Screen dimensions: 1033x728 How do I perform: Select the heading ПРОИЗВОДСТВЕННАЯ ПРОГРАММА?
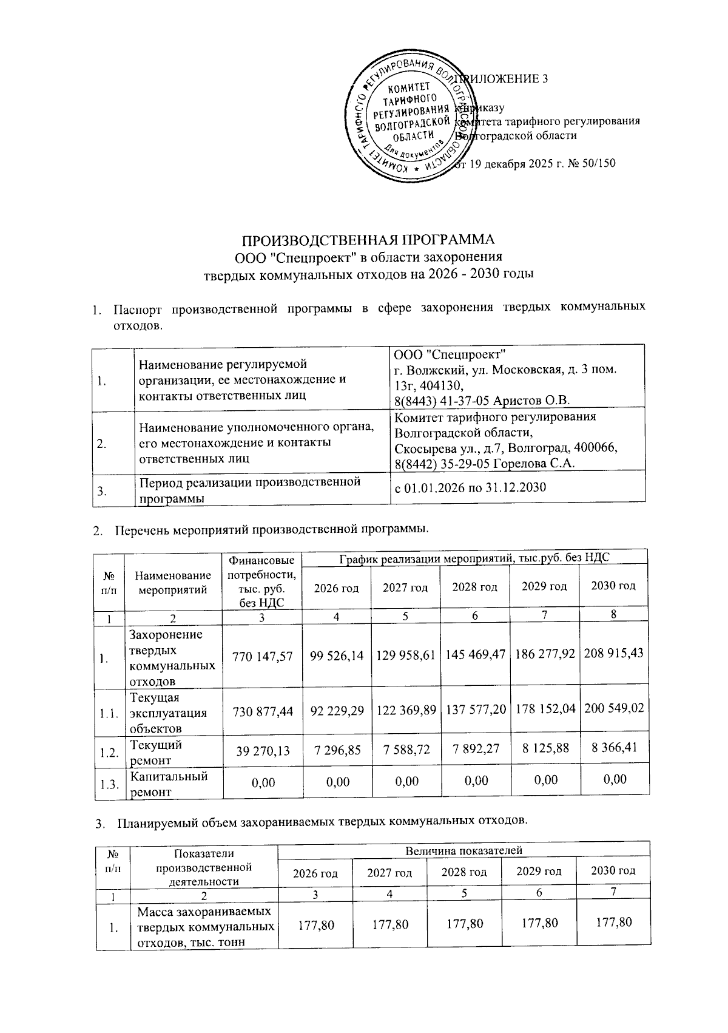pos(365,239)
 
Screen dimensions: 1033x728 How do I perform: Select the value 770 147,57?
pos(263,656)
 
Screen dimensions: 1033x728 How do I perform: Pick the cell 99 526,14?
pos(337,656)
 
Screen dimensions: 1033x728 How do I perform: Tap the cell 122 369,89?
pos(406,709)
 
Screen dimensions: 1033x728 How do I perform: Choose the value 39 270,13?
pos(263,751)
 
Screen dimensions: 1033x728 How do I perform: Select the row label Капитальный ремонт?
pos(168,784)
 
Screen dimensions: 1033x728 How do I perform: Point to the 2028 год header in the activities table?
pos(475,587)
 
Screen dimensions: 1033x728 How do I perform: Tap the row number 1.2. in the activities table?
pos(109,753)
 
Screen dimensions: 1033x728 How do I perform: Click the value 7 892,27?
pos(476,749)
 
